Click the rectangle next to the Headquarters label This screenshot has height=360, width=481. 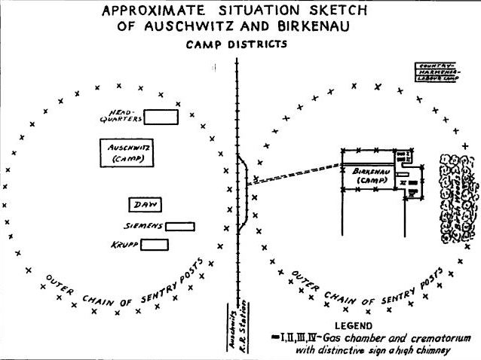coord(161,117)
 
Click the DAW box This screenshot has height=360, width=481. coord(145,204)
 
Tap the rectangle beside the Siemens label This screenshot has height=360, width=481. coord(180,226)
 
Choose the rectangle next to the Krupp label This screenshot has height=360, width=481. coord(155,245)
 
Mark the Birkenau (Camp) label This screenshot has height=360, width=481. coord(369,177)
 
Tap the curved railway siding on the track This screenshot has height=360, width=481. coord(246,192)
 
